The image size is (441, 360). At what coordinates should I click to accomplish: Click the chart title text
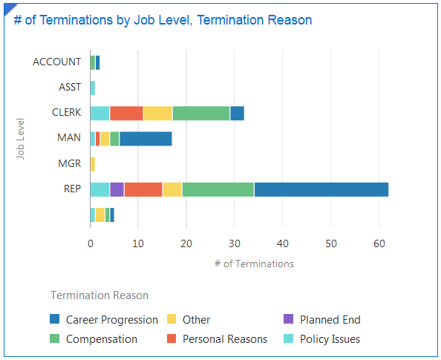(163, 20)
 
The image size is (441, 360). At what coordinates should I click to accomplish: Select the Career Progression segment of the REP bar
(321, 189)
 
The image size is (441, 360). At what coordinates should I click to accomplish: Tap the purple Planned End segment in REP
(117, 189)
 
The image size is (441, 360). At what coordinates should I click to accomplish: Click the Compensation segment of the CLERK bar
(200, 113)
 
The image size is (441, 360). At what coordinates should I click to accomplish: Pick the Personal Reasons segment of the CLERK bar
(126, 113)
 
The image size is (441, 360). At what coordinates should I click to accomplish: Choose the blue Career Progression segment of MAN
(146, 138)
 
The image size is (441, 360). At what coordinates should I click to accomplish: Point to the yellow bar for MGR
(92, 164)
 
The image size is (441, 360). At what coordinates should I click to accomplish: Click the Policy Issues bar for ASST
(92, 88)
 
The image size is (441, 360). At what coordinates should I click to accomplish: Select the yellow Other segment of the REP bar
(171, 189)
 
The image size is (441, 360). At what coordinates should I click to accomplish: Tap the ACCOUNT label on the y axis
(56, 62)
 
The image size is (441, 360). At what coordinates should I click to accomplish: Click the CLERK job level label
(66, 113)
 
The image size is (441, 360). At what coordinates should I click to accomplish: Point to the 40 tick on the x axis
(283, 243)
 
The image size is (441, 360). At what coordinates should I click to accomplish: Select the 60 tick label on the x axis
(379, 243)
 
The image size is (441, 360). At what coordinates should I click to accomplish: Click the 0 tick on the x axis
(90, 243)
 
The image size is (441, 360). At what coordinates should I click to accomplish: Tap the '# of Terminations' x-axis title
(253, 264)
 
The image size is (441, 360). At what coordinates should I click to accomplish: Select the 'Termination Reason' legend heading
(99, 295)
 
